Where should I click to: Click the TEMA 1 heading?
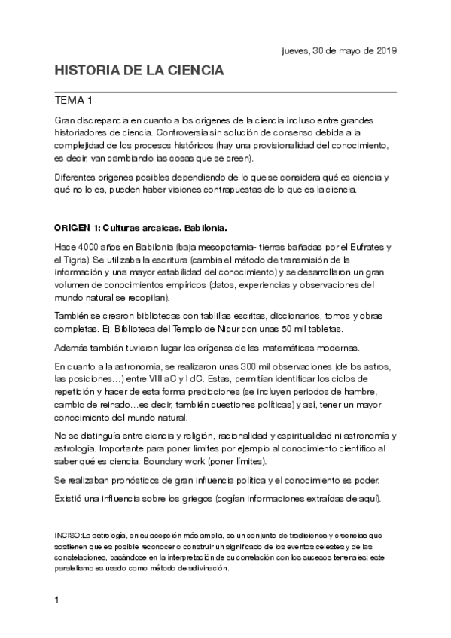(x=74, y=100)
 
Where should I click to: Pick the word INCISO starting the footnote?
(x=68, y=535)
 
